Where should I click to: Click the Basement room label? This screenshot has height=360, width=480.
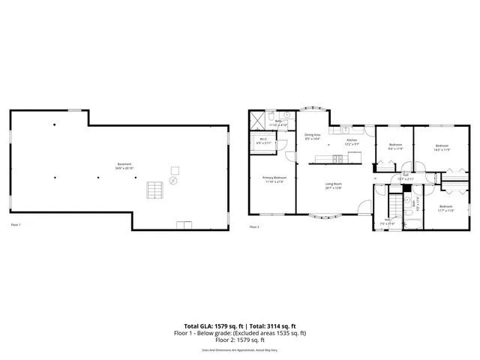[124, 166]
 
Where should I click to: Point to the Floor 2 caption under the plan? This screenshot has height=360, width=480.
[253, 226]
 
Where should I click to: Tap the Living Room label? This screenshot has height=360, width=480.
[333, 185]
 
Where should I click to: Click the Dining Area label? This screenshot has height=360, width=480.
[313, 136]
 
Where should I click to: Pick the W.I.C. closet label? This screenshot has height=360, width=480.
[264, 140]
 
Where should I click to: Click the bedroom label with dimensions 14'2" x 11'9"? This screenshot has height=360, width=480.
[442, 147]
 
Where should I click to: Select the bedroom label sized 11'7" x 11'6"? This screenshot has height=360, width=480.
[445, 208]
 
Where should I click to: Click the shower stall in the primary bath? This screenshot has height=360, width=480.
[257, 119]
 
